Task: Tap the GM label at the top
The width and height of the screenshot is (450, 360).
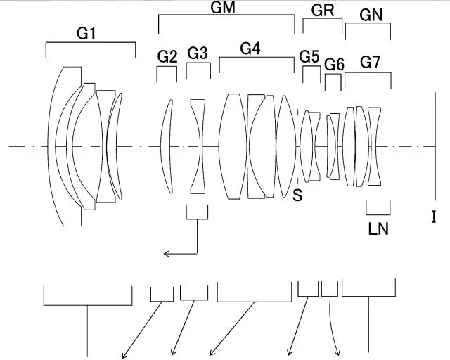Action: pyautogui.click(x=223, y=8)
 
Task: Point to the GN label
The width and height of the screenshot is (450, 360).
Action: pyautogui.click(x=371, y=15)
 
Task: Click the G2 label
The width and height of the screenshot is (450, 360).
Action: pyautogui.click(x=167, y=56)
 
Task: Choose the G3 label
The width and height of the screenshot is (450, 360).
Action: pyautogui.click(x=198, y=53)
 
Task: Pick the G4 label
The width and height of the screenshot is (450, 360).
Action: pyautogui.click(x=250, y=49)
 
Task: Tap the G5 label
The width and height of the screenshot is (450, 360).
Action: pyautogui.click(x=309, y=56)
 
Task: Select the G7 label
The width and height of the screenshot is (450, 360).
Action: pyautogui.click(x=371, y=60)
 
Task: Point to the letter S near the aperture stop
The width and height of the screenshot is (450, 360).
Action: pyautogui.click(x=297, y=196)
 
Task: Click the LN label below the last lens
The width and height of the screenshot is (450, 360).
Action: pyautogui.click(x=378, y=228)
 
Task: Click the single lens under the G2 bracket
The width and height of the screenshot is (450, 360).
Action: pyautogui.click(x=167, y=146)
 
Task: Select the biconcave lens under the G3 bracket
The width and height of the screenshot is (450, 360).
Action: pyautogui.click(x=198, y=146)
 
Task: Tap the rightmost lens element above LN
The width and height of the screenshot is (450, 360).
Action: pyautogui.click(x=375, y=146)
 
